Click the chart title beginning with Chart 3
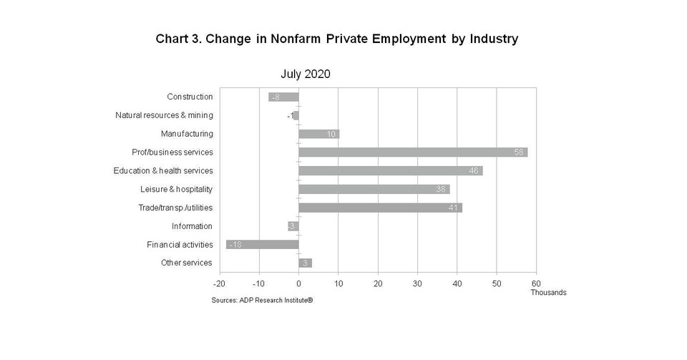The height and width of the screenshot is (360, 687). pyautogui.click(x=336, y=39)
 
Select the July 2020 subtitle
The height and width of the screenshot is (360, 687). pyautogui.click(x=305, y=74)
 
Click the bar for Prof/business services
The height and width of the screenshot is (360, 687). pyautogui.click(x=412, y=152)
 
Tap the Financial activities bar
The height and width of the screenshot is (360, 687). pyautogui.click(x=262, y=245)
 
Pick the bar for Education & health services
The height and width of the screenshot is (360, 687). pyautogui.click(x=390, y=171)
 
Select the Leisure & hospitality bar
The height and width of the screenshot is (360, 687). pyautogui.click(x=374, y=190)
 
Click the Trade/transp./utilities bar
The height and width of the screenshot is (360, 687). pyautogui.click(x=380, y=208)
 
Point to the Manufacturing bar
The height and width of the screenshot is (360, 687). pyautogui.click(x=318, y=134)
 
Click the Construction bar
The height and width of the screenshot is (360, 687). pyautogui.click(x=283, y=97)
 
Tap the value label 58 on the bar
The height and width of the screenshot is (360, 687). pyautogui.click(x=520, y=152)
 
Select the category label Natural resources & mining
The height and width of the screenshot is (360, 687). pyautogui.click(x=164, y=115)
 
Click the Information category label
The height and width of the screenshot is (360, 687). pyautogui.click(x=192, y=226)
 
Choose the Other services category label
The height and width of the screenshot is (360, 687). pyautogui.click(x=187, y=263)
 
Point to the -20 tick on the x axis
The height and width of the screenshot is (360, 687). pyautogui.click(x=220, y=283)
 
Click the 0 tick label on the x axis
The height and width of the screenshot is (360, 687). pyautogui.click(x=298, y=283)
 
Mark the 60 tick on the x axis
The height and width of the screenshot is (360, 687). pyautogui.click(x=536, y=283)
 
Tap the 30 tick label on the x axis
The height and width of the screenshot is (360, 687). pyautogui.click(x=417, y=283)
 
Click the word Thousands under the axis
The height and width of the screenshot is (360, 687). pyautogui.click(x=548, y=293)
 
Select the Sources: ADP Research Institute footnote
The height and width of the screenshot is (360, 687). pyautogui.click(x=262, y=301)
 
